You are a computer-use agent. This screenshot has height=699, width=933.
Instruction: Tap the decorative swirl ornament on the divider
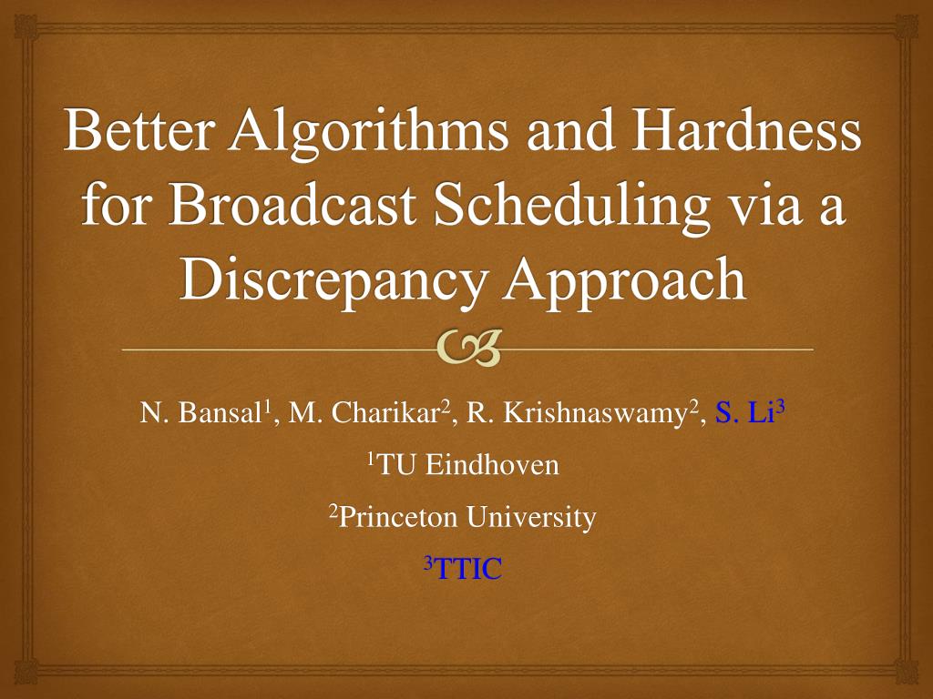[x=468, y=349]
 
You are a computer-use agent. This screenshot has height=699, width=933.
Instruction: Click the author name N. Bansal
[x=200, y=415]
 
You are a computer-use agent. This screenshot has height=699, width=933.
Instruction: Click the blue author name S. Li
[x=744, y=415]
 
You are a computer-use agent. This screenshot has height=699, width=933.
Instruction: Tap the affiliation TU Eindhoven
[x=468, y=467]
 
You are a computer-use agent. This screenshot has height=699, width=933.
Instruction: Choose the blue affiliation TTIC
[x=468, y=571]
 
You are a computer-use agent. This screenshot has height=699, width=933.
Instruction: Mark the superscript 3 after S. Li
[x=781, y=409]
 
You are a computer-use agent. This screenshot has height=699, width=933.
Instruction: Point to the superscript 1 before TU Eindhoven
[x=371, y=461]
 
